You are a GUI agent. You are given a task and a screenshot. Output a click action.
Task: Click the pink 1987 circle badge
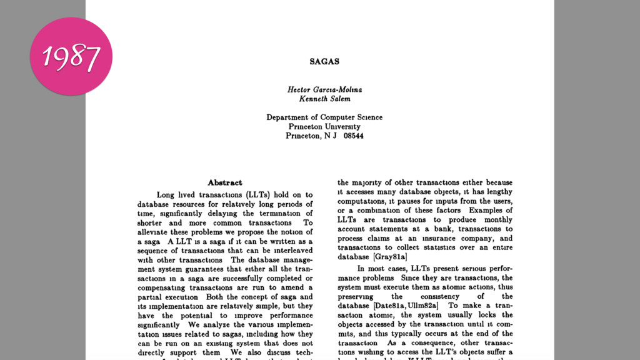[x=71, y=56]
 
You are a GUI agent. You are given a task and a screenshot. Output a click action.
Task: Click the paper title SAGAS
[x=324, y=62]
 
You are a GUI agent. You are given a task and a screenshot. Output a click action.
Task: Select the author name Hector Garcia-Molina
[x=324, y=89]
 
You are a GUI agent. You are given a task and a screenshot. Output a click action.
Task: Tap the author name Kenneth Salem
[x=324, y=99]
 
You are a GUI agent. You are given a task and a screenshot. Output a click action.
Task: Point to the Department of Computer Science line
[x=324, y=117]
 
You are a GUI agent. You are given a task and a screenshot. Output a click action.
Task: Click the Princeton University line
[x=324, y=126]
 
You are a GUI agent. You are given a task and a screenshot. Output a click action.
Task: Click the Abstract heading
[x=224, y=182]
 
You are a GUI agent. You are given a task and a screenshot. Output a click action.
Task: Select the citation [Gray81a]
[x=390, y=257]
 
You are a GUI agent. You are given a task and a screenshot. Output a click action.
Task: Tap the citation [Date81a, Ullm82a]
[x=406, y=306]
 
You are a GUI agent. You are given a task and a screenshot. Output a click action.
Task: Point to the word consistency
[x=439, y=296]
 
